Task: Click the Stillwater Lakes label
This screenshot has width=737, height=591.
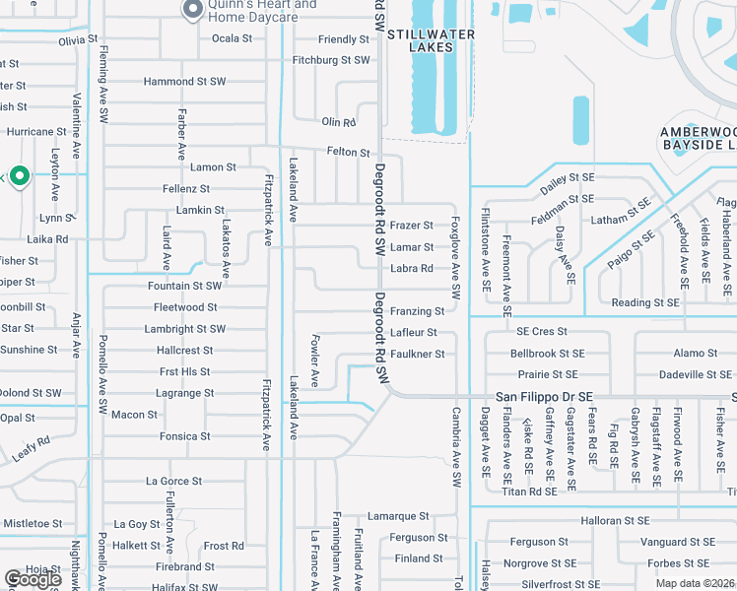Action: coord(431,40)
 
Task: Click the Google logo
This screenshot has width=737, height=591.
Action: coord(33,579)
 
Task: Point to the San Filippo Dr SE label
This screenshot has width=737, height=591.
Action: coord(543,396)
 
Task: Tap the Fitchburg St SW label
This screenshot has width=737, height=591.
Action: coord(331,60)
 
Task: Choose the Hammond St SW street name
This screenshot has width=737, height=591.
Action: coord(184,82)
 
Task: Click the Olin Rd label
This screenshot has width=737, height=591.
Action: coord(338,122)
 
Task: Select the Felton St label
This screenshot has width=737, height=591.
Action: coord(349,153)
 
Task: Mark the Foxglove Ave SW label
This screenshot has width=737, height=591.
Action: coord(456,258)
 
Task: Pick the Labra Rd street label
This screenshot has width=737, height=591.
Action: coord(412,268)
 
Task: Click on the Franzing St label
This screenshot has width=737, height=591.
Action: coord(417,311)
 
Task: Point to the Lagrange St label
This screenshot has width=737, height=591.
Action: coord(184,393)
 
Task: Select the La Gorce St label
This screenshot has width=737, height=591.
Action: coord(173,482)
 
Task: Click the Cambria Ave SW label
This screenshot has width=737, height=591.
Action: coord(456,447)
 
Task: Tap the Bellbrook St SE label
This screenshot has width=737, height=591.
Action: coord(547,354)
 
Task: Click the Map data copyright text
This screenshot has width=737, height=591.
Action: coord(694,583)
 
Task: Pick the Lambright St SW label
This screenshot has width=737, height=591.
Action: coord(184,329)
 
